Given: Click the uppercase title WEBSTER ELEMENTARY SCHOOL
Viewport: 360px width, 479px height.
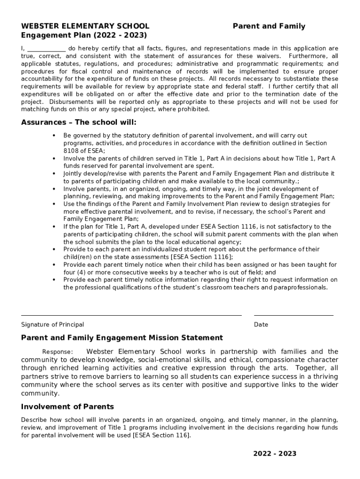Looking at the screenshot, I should [x=85, y=26].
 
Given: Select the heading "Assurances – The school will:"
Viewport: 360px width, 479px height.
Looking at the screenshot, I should [x=79, y=123].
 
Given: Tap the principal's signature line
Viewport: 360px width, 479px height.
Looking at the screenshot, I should [x=131, y=315].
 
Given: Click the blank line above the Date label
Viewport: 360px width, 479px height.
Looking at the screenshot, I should [x=293, y=315].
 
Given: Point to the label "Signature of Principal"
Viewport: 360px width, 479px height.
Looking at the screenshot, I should [x=52, y=325].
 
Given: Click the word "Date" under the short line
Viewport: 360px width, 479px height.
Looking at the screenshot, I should [x=261, y=325].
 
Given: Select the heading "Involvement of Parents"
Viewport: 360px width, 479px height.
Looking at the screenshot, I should [x=67, y=406].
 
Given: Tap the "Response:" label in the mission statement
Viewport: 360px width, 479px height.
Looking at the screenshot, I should [x=58, y=352].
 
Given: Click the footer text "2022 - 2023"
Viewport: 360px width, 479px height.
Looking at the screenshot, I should [x=275, y=454].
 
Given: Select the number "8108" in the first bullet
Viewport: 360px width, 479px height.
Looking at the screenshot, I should [x=71, y=151].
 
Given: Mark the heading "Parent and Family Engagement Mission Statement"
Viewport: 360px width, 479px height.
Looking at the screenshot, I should [x=122, y=338].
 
